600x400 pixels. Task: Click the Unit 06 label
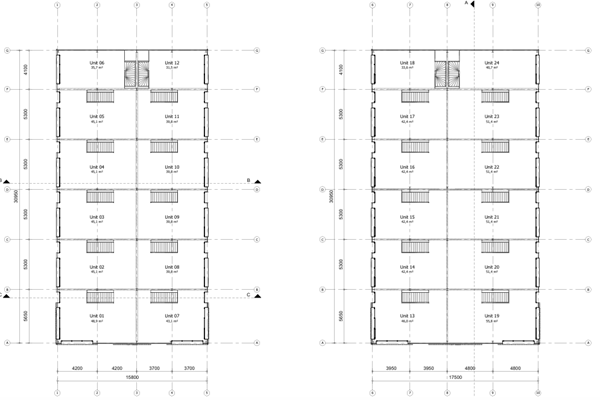tap(96, 62)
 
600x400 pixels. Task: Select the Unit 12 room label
tap(171, 62)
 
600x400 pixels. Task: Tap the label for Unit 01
tap(96, 316)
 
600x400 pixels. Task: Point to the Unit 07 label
tap(171, 316)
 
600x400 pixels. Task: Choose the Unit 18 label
tap(408, 62)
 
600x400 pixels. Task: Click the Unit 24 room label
tap(491, 62)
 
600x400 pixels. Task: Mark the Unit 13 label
tap(408, 316)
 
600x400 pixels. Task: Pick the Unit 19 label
tap(491, 316)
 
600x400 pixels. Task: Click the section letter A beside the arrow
tap(465, 4)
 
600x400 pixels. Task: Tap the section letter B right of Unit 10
tap(247, 180)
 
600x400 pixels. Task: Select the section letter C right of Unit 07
tap(247, 294)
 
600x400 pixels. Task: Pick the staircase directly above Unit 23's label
tap(492, 96)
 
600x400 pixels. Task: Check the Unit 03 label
tap(96, 216)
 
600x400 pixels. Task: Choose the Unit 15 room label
tap(408, 216)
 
